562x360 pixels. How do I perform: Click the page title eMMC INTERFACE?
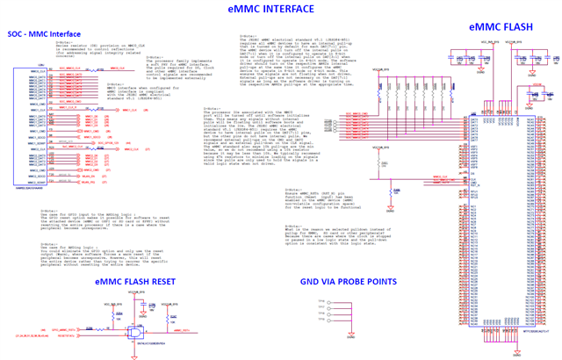[270, 9]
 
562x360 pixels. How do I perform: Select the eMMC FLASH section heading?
[499, 28]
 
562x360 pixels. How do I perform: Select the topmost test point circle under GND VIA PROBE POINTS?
[328, 301]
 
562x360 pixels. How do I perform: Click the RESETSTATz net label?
[68, 337]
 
